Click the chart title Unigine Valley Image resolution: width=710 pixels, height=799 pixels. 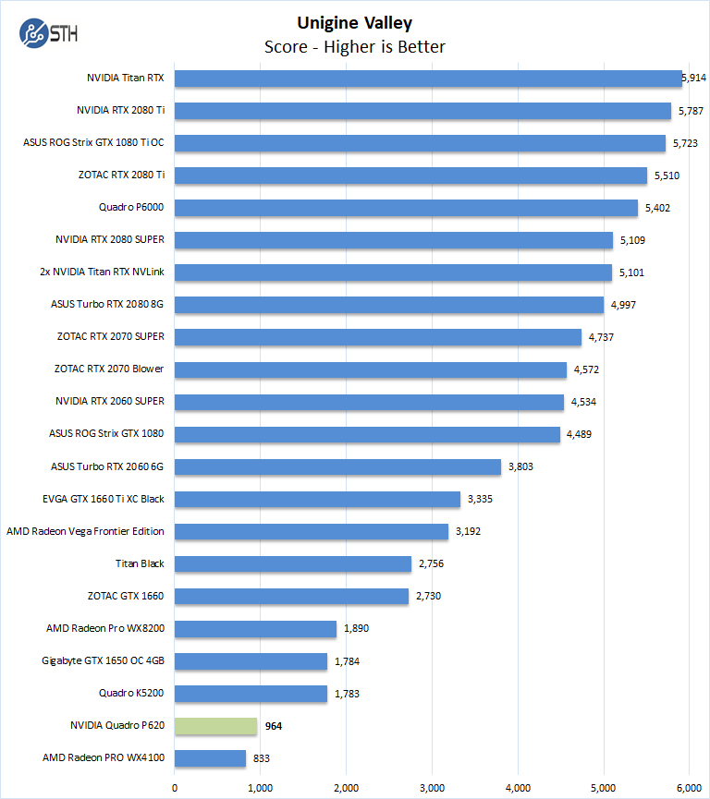pyautogui.click(x=355, y=23)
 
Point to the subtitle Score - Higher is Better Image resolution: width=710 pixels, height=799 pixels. pyautogui.click(x=355, y=46)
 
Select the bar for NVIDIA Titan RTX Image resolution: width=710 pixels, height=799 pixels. pyautogui.click(x=427, y=79)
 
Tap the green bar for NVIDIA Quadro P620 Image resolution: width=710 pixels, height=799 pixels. pyautogui.click(x=215, y=726)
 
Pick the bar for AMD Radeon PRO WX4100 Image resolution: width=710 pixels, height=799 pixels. pyautogui.click(x=210, y=758)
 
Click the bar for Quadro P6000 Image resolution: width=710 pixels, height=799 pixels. pyautogui.click(x=406, y=208)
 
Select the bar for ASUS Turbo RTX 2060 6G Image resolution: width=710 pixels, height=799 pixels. pyautogui.click(x=337, y=466)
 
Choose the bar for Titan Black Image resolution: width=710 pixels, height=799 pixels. pyautogui.click(x=292, y=563)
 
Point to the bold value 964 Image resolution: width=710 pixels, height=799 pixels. pyautogui.click(x=273, y=726)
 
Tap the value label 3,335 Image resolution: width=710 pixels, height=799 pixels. pyautogui.click(x=481, y=499)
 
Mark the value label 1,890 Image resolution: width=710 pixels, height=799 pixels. pyautogui.click(x=357, y=628)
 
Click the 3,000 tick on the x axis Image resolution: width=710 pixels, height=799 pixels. pyautogui.click(x=432, y=787)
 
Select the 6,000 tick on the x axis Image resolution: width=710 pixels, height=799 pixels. pyautogui.click(x=689, y=787)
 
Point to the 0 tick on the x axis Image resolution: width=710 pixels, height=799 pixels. pyautogui.click(x=175, y=787)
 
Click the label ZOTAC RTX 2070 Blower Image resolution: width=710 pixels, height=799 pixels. pyautogui.click(x=109, y=369)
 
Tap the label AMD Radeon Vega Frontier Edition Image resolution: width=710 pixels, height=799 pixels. pyautogui.click(x=85, y=531)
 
